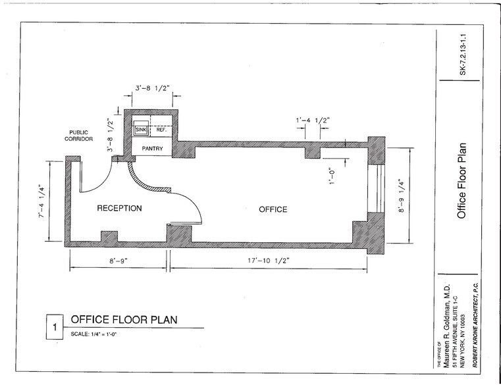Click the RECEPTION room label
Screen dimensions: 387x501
120,209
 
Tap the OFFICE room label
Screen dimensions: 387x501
273,209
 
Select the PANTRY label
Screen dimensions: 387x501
152,149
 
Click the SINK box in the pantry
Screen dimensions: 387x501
140,130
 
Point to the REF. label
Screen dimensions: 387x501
160,130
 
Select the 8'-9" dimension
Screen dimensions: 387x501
119,262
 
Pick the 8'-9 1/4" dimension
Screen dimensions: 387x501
419,195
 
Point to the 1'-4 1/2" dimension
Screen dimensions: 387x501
311,120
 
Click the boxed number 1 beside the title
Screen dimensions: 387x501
55,327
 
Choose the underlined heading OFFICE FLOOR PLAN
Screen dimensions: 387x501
124,321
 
